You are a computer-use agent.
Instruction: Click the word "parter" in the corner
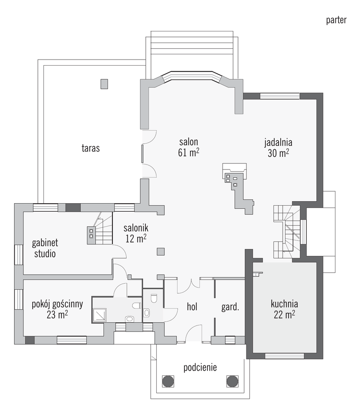(336, 20)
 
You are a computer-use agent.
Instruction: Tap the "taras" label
(91, 148)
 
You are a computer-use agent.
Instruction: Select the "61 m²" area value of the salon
(188, 152)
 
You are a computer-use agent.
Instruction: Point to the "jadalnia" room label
(278, 142)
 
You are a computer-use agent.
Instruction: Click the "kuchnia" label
(284, 304)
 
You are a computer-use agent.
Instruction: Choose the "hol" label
(192, 307)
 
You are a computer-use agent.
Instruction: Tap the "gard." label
(230, 307)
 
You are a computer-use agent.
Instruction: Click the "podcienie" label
(200, 367)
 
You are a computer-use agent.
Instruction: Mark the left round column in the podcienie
(168, 381)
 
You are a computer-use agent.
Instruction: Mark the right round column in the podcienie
(232, 381)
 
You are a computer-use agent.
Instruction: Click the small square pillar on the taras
(104, 84)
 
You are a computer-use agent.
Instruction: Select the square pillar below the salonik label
(161, 251)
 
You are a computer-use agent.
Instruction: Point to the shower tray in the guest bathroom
(99, 315)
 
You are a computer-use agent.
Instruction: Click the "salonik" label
(136, 228)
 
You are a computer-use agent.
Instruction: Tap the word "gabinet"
(45, 243)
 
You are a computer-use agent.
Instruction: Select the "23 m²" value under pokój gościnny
(57, 315)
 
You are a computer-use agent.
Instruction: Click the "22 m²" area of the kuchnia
(284, 314)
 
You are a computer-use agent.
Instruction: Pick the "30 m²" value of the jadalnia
(278, 153)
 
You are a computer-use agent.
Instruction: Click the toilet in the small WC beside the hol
(154, 299)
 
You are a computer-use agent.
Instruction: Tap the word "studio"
(45, 254)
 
